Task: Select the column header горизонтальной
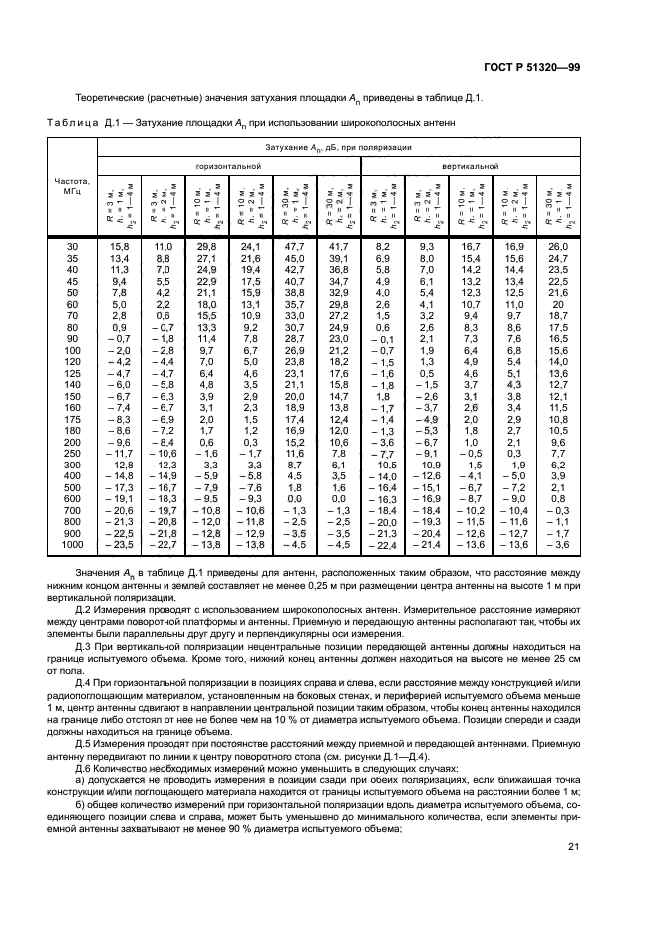tap(228, 166)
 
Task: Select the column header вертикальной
tap(472, 166)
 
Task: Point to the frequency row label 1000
tap(71, 546)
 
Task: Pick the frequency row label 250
tap(71, 453)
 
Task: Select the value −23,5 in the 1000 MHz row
tap(118, 546)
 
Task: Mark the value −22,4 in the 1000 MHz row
tap(382, 547)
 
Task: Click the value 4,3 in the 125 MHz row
tap(514, 383)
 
